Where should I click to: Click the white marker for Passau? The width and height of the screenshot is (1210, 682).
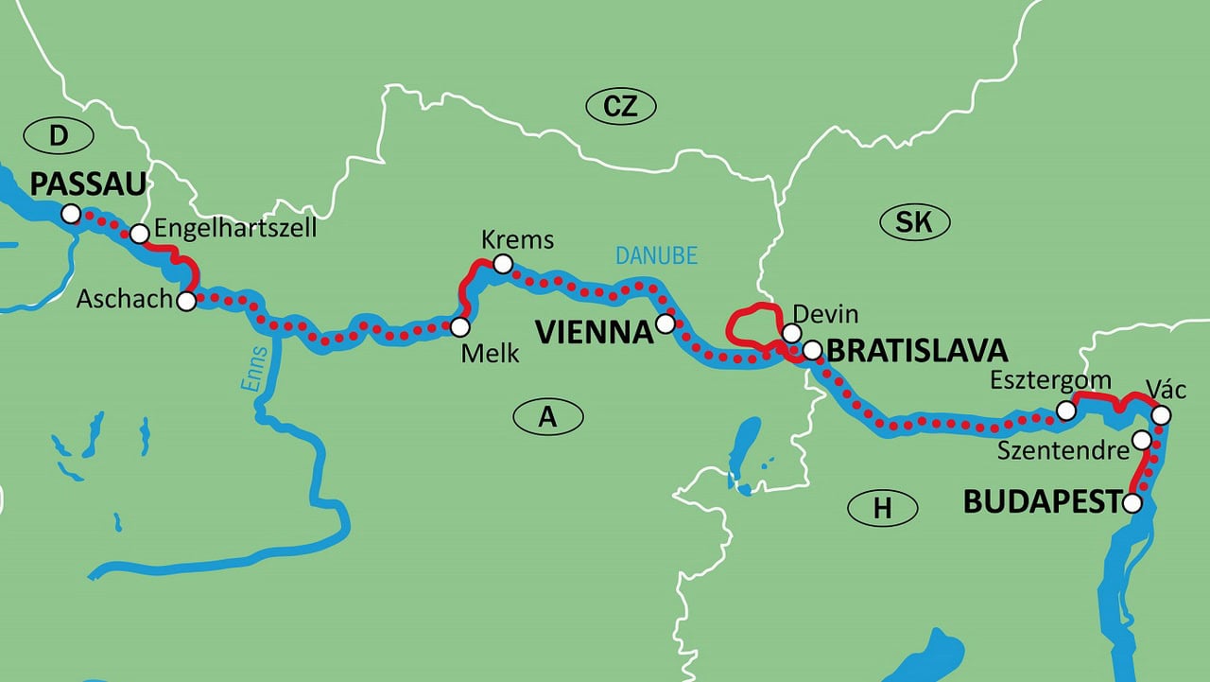pyautogui.click(x=70, y=214)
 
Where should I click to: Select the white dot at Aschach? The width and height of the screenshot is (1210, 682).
pyautogui.click(x=186, y=302)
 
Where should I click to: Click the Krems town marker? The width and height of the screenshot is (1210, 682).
pyautogui.click(x=503, y=263)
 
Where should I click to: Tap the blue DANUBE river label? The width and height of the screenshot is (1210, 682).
pyautogui.click(x=656, y=255)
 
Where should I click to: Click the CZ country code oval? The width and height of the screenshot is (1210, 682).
pyautogui.click(x=620, y=107)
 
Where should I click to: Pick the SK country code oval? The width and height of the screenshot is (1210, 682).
pyautogui.click(x=914, y=222)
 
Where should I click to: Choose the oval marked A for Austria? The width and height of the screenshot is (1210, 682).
pyautogui.click(x=548, y=416)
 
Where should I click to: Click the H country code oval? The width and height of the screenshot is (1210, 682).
pyautogui.click(x=882, y=509)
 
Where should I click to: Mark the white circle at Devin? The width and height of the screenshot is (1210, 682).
pyautogui.click(x=791, y=333)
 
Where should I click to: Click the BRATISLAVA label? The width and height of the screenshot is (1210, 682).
pyautogui.click(x=916, y=350)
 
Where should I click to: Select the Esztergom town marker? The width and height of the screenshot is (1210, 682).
pyautogui.click(x=1066, y=411)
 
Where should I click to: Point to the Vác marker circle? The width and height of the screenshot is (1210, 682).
pyautogui.click(x=1162, y=415)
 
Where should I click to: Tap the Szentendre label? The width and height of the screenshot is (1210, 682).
pyautogui.click(x=1063, y=450)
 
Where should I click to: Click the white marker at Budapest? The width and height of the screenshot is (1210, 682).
pyautogui.click(x=1132, y=503)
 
